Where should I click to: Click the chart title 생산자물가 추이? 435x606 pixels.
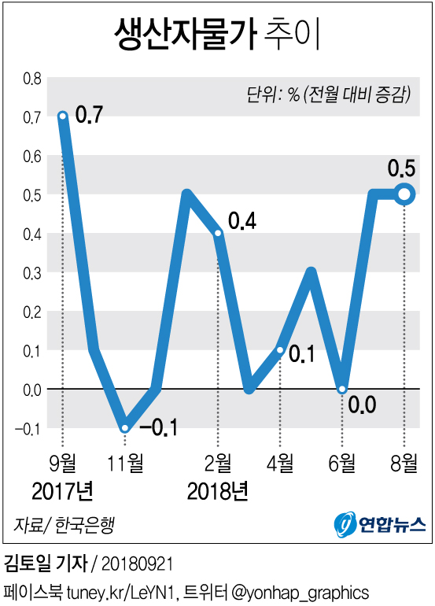218,35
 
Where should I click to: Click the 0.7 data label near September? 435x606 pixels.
89,115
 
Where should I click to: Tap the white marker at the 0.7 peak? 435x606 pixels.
63,116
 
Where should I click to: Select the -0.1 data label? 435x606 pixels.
158,429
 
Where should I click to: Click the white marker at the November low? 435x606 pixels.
125,428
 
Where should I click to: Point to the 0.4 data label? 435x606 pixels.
241,222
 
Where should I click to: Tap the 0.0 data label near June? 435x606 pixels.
362,406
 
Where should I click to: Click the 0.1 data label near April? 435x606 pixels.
302,354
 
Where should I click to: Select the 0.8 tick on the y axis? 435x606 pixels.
31,79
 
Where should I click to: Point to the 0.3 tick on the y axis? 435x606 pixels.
31,273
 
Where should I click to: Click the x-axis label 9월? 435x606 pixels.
63,462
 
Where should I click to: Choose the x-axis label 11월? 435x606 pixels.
125,462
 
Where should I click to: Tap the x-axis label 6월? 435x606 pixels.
342,462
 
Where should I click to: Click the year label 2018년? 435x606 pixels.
218,493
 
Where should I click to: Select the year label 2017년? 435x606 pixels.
63,493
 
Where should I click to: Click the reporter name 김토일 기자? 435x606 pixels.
46,564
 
